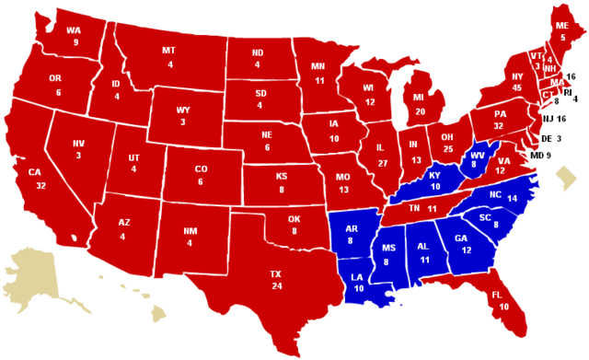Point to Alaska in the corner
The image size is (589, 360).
coord(37,267)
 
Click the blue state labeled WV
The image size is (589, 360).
coord(476,158)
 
